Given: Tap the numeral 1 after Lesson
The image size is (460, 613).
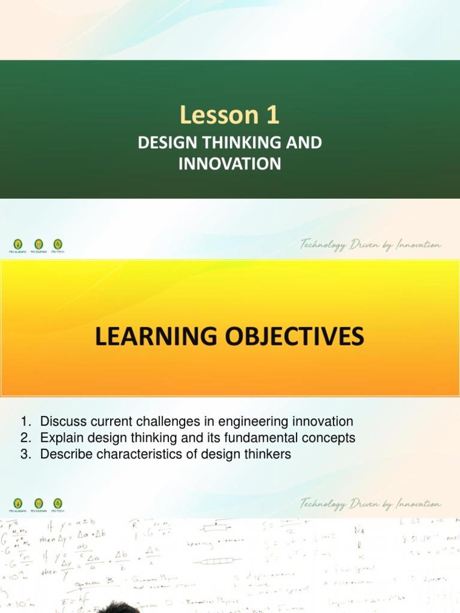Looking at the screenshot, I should (x=273, y=116).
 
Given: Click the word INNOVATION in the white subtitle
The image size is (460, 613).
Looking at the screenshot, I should (x=230, y=163).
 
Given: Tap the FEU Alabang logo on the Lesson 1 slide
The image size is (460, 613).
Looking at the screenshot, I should (x=18, y=244).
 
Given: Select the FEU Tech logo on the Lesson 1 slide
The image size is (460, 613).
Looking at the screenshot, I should (x=57, y=244).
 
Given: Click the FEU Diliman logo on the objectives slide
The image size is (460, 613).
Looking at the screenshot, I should (x=38, y=503).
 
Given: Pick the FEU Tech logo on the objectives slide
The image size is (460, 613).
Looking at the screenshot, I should (x=57, y=503).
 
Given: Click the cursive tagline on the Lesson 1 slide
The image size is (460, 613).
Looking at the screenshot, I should (x=371, y=245).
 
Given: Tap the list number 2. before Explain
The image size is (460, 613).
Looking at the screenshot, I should (x=25, y=438).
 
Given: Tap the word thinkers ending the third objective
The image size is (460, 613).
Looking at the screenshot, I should (x=268, y=454).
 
